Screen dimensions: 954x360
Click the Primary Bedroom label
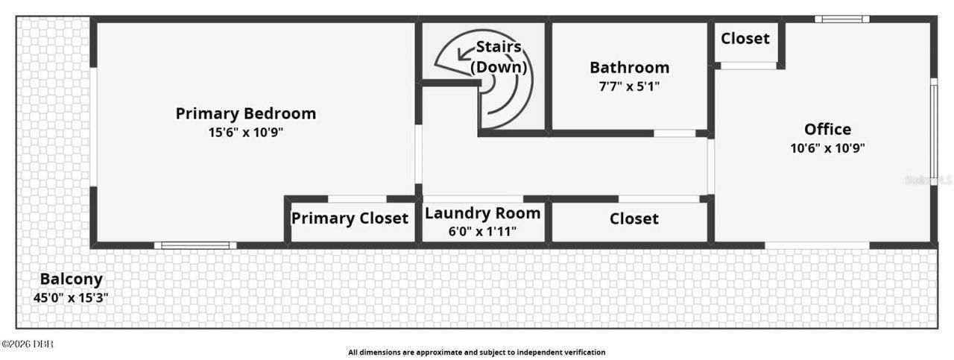click(246, 114)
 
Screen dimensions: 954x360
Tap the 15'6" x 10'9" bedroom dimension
click(246, 133)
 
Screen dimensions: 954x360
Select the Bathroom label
click(630, 68)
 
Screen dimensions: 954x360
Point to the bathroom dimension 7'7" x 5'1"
click(630, 86)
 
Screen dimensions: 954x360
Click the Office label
click(827, 129)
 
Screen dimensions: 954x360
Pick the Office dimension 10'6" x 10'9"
click(827, 148)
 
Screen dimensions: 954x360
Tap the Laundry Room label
click(482, 213)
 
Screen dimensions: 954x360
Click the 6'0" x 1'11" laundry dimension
click(482, 231)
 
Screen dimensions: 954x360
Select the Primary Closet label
click(350, 218)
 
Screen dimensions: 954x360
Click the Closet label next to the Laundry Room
click(634, 219)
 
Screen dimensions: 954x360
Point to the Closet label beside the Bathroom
click(745, 39)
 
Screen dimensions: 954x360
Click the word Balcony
click(71, 280)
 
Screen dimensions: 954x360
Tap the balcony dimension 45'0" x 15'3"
click(71, 298)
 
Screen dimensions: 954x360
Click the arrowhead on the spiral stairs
click(461, 54)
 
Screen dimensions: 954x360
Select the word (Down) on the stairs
click(499, 67)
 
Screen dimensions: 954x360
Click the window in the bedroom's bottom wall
click(195, 245)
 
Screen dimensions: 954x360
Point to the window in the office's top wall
click(842, 19)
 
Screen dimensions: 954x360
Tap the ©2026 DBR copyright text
click(28, 344)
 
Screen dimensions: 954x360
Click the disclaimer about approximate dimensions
click(476, 353)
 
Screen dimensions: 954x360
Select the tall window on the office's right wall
click(933, 131)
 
